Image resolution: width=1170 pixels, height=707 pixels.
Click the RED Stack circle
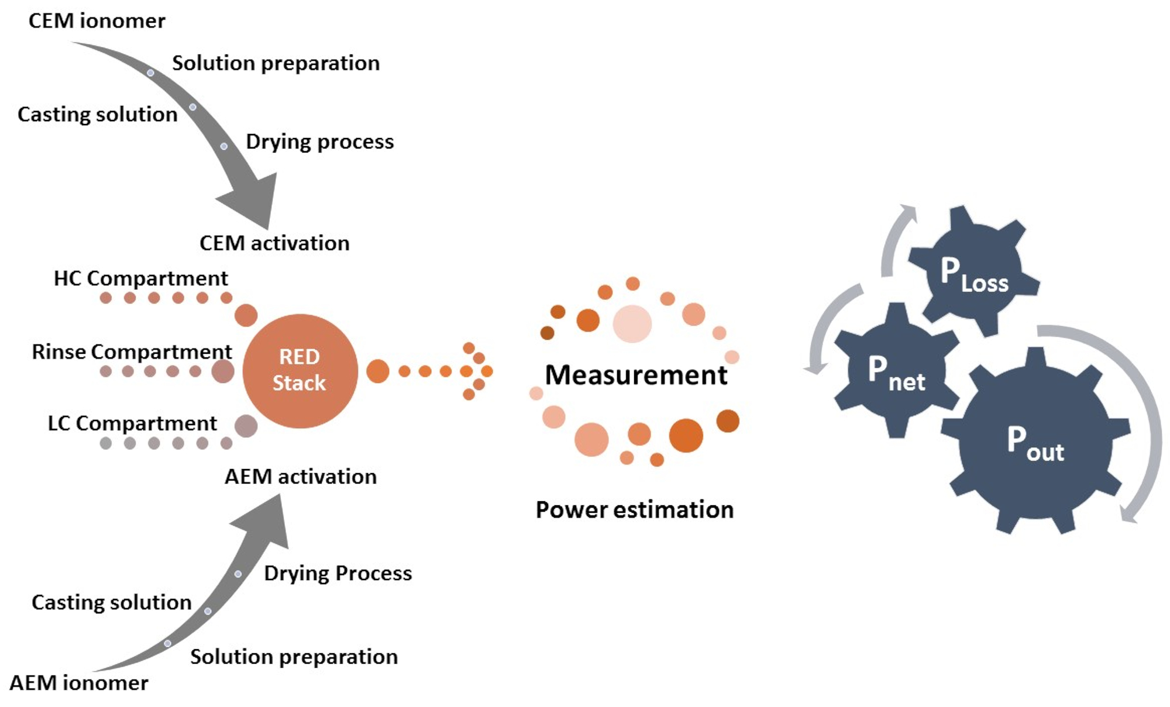(300, 371)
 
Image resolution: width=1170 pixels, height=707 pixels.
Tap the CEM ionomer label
(97, 21)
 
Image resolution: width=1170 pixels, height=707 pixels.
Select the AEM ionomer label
(79, 682)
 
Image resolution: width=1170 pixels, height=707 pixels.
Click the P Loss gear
(974, 272)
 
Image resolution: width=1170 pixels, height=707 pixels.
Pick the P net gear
(896, 371)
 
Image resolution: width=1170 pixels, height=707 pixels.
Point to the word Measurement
(636, 375)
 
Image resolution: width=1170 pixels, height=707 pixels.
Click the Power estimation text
(634, 510)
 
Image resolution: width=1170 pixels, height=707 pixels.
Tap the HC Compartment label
(140, 278)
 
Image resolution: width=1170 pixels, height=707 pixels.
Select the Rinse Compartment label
(132, 351)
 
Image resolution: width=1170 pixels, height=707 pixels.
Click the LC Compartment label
(132, 423)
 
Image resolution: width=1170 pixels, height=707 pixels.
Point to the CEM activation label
(274, 243)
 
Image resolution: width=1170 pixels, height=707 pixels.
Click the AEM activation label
(300, 477)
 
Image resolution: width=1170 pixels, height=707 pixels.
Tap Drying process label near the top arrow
(319, 142)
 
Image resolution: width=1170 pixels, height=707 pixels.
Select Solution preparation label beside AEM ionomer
(294, 657)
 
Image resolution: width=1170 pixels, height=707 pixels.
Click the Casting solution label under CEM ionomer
(97, 114)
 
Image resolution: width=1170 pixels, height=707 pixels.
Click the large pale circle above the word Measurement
(632, 323)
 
